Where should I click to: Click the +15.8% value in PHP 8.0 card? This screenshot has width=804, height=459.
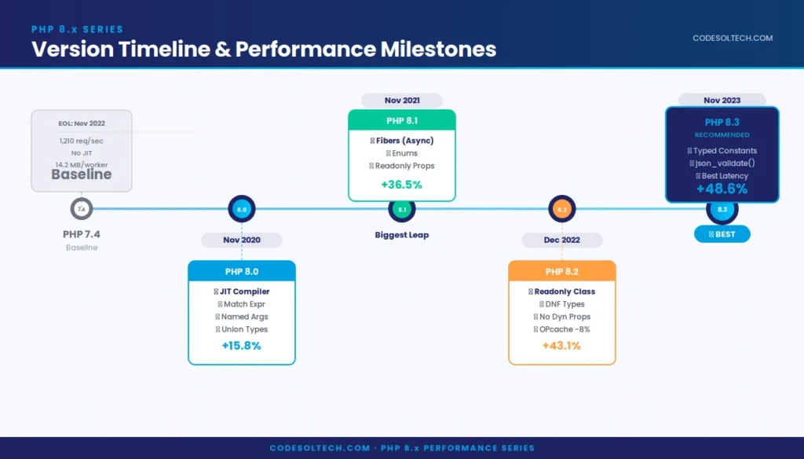(x=241, y=346)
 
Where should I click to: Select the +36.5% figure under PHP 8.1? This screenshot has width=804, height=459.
(x=401, y=185)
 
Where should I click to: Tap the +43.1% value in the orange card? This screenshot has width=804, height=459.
(x=561, y=346)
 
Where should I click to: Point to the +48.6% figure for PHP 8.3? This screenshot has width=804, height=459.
(x=722, y=189)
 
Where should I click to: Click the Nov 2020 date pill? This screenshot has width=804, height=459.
(x=241, y=240)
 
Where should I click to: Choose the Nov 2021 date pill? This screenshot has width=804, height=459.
(x=402, y=101)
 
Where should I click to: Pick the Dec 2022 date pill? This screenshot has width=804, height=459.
(x=562, y=240)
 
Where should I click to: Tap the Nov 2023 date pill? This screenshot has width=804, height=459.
(x=722, y=101)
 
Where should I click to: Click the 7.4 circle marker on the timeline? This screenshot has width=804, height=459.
(x=82, y=209)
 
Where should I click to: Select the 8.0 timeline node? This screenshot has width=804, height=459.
(x=242, y=209)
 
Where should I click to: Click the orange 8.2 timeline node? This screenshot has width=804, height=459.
(x=562, y=209)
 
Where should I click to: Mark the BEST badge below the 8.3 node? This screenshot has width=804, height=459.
(x=722, y=234)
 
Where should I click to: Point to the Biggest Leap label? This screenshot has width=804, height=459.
(x=402, y=235)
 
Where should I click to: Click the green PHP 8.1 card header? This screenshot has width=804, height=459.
(x=402, y=120)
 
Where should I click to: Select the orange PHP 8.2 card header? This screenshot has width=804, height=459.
(x=562, y=272)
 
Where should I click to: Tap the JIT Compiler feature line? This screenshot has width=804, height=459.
(x=242, y=292)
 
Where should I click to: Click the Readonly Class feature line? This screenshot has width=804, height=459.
(x=562, y=292)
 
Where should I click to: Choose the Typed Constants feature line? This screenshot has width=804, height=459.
(x=722, y=150)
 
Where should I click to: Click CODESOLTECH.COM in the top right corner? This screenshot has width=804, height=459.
(x=733, y=38)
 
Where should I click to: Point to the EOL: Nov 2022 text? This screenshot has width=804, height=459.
(x=82, y=123)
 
